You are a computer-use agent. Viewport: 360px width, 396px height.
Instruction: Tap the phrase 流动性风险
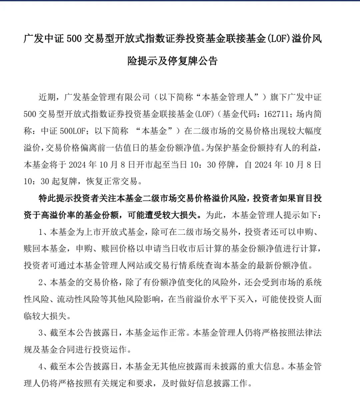pyautogui.click(x=79, y=299)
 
